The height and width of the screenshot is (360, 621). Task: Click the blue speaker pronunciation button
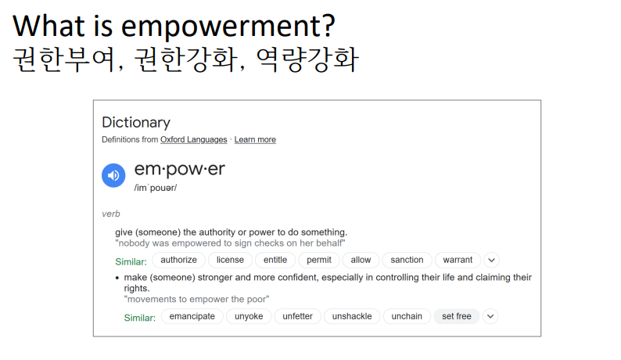[x=113, y=175]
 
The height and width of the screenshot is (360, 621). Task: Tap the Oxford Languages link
[x=194, y=139]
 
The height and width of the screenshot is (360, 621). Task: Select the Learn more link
[x=255, y=139]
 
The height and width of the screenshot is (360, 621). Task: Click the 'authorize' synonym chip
[x=178, y=260]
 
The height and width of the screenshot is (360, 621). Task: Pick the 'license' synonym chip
[x=230, y=260]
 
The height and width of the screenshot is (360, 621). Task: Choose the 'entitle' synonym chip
[x=275, y=260]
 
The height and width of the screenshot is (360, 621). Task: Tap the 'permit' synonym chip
[x=319, y=260]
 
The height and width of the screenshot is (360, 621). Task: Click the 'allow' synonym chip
[x=361, y=260]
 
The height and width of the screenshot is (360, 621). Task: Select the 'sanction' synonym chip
[x=407, y=260]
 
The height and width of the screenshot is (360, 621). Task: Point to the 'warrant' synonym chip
[x=458, y=260]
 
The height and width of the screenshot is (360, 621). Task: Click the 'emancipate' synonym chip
[x=192, y=316]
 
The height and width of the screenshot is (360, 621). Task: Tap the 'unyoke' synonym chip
[x=249, y=316]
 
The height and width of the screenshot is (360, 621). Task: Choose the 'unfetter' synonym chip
[x=297, y=316]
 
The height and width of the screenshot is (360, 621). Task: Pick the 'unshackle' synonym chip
[x=352, y=316]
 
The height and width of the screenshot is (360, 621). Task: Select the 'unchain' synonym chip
[x=407, y=316]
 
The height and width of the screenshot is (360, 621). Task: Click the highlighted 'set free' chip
[x=457, y=316]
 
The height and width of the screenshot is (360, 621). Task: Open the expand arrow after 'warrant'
[x=491, y=260]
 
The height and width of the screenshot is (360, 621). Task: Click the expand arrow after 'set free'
[x=490, y=316]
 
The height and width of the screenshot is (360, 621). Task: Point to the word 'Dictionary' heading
[x=136, y=123]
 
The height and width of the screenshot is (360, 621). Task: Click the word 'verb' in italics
[x=111, y=214]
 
